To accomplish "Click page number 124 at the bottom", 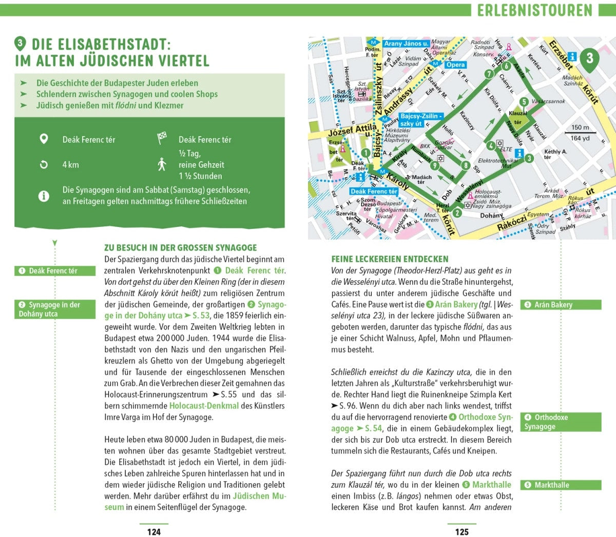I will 154,532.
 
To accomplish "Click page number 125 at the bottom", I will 462,532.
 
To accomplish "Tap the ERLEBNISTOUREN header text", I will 535,10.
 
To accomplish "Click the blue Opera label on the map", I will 455,65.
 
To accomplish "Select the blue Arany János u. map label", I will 406,44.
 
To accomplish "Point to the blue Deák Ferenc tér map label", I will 374,191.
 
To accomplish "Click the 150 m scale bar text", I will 580,127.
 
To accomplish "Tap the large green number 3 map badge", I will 589,58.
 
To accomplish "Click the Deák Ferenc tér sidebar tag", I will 55,271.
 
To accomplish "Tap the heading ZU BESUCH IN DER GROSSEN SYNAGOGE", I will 181,247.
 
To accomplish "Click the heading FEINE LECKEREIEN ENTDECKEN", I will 390,259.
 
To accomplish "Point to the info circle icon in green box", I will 44,196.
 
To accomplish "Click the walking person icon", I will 162,164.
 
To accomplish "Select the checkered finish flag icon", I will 162,139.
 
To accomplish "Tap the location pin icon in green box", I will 44,139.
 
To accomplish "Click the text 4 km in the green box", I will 71,165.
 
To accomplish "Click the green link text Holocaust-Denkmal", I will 204,406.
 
